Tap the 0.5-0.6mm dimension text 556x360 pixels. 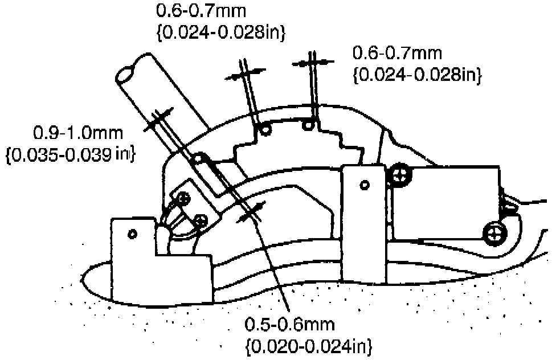click(290, 325)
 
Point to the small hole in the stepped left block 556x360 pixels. click(132, 234)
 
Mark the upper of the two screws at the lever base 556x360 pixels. click(183, 198)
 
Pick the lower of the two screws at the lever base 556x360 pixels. click(199, 219)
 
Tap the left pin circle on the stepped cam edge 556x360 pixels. click(265, 130)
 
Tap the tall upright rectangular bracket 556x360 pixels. click(364, 222)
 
